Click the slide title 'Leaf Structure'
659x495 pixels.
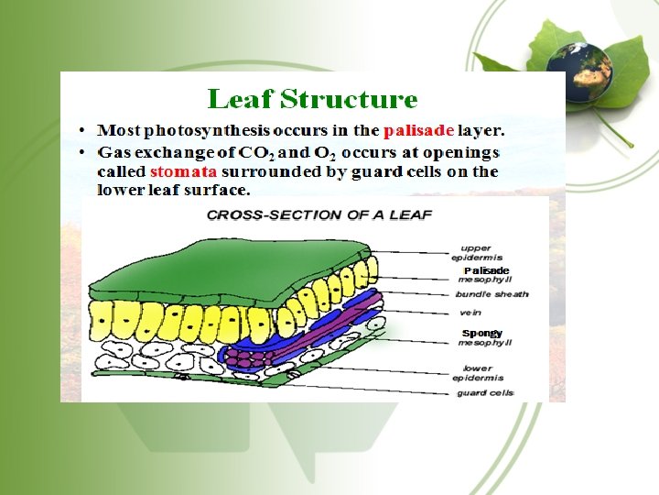[312, 99]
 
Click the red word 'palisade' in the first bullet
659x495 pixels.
[418, 129]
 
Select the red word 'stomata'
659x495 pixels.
[183, 171]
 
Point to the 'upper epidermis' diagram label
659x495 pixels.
[477, 253]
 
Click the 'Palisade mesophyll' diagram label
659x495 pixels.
[485, 275]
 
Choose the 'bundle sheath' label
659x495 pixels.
[492, 294]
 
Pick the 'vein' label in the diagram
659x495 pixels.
[471, 313]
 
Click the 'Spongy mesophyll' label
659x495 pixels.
[484, 337]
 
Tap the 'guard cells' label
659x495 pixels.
[488, 393]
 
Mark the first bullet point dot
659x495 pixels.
[82, 129]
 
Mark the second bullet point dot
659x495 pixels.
[82, 151]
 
